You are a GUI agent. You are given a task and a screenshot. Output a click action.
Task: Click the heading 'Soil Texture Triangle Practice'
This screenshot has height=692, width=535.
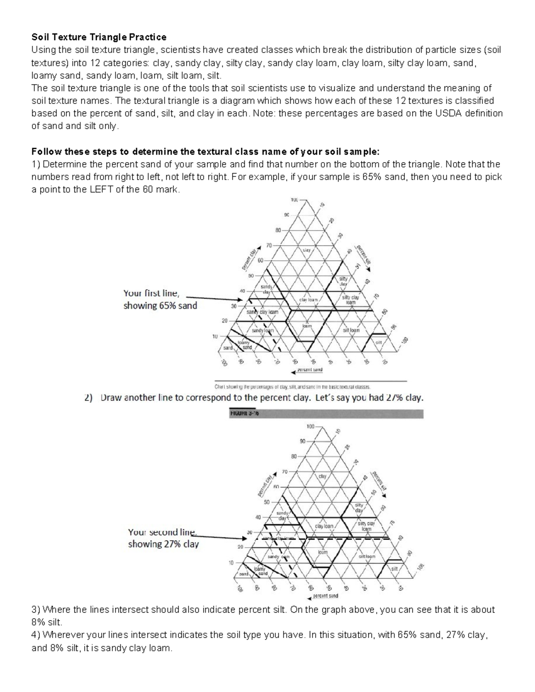pos(99,37)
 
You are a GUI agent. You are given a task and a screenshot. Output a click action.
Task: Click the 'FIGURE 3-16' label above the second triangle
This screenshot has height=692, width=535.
pos(244,413)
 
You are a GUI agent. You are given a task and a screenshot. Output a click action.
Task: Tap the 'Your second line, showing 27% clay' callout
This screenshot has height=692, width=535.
pos(163,538)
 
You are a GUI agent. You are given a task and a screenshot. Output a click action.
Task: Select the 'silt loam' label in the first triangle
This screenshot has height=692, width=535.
pos(351,330)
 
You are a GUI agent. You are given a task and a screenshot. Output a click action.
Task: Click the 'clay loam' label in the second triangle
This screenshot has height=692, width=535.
pos(324,526)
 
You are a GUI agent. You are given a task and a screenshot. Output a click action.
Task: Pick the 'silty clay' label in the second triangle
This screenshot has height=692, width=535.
pos(359,508)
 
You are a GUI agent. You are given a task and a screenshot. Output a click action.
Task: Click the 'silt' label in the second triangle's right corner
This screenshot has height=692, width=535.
pos(394,569)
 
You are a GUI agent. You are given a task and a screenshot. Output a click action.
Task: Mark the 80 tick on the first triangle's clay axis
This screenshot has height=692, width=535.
pos(278,230)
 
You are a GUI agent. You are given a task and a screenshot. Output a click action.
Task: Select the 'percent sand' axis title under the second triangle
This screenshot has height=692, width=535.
pos(325,596)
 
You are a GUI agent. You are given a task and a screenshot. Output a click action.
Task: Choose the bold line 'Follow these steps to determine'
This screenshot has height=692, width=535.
pos(205,151)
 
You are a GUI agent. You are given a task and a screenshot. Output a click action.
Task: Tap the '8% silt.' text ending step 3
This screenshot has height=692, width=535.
pos(46,622)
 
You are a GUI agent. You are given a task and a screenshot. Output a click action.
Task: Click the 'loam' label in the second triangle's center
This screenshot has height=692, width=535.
pos(322,552)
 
